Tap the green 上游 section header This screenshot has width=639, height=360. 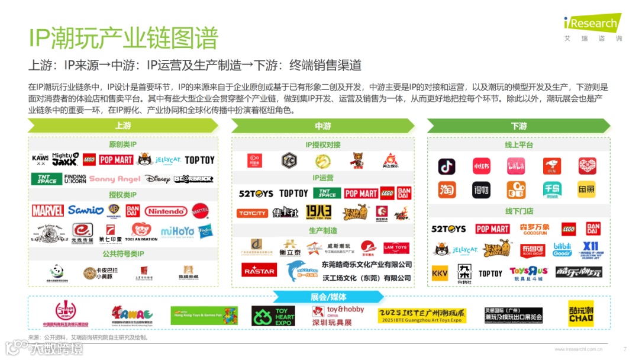click(123, 126)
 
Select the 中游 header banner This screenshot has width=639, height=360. click(323, 126)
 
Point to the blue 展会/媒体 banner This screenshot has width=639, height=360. click(328, 297)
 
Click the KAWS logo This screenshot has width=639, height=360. click(40, 160)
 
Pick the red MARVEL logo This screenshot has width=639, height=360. click(48, 210)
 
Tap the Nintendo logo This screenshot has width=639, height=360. click(166, 211)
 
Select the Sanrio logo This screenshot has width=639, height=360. click(86, 210)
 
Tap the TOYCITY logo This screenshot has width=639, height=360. click(253, 213)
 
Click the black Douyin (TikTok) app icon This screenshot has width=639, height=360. click(447, 166)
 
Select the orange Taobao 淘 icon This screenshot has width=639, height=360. click(447, 189)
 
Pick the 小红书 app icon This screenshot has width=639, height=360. click(482, 166)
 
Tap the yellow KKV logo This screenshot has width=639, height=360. click(440, 273)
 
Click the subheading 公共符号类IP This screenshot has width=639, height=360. click(123, 254)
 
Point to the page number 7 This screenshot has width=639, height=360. click(625, 349)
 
